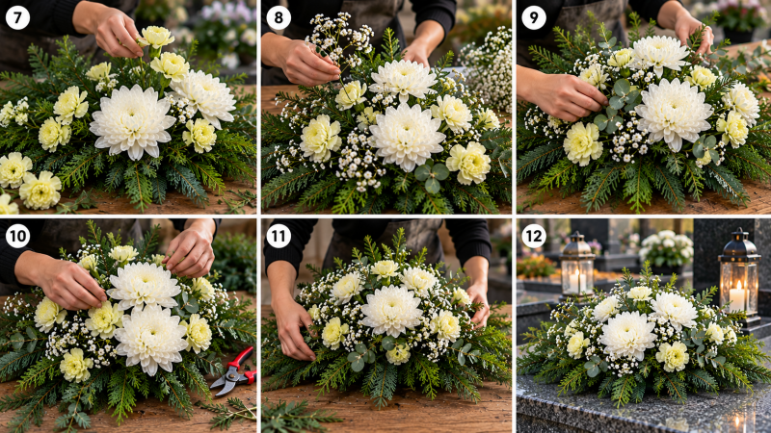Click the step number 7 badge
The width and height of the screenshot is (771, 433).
pos(17,17)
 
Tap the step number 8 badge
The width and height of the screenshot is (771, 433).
pos(279,17)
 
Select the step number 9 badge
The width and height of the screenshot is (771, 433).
pos(534,17)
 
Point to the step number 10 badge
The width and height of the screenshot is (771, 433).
pos(17,236)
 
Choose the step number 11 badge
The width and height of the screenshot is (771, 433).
pos(279,236)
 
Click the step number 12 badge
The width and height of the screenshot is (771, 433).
pos(534,236)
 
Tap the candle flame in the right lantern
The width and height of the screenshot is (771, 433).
pos(737,286)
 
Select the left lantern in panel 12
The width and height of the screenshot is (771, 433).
pos(576,266)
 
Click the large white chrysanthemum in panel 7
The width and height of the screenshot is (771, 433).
pos(132,122)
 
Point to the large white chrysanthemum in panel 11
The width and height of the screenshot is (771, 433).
pos(391,310)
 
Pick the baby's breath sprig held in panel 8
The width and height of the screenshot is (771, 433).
pos(339,44)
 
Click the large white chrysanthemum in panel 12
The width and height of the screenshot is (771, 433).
pos(628,336)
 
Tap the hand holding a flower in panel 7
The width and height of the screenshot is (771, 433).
pos(112,31)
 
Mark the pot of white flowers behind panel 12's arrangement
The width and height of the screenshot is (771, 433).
pos(666,249)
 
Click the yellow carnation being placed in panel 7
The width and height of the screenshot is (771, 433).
pos(155,37)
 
